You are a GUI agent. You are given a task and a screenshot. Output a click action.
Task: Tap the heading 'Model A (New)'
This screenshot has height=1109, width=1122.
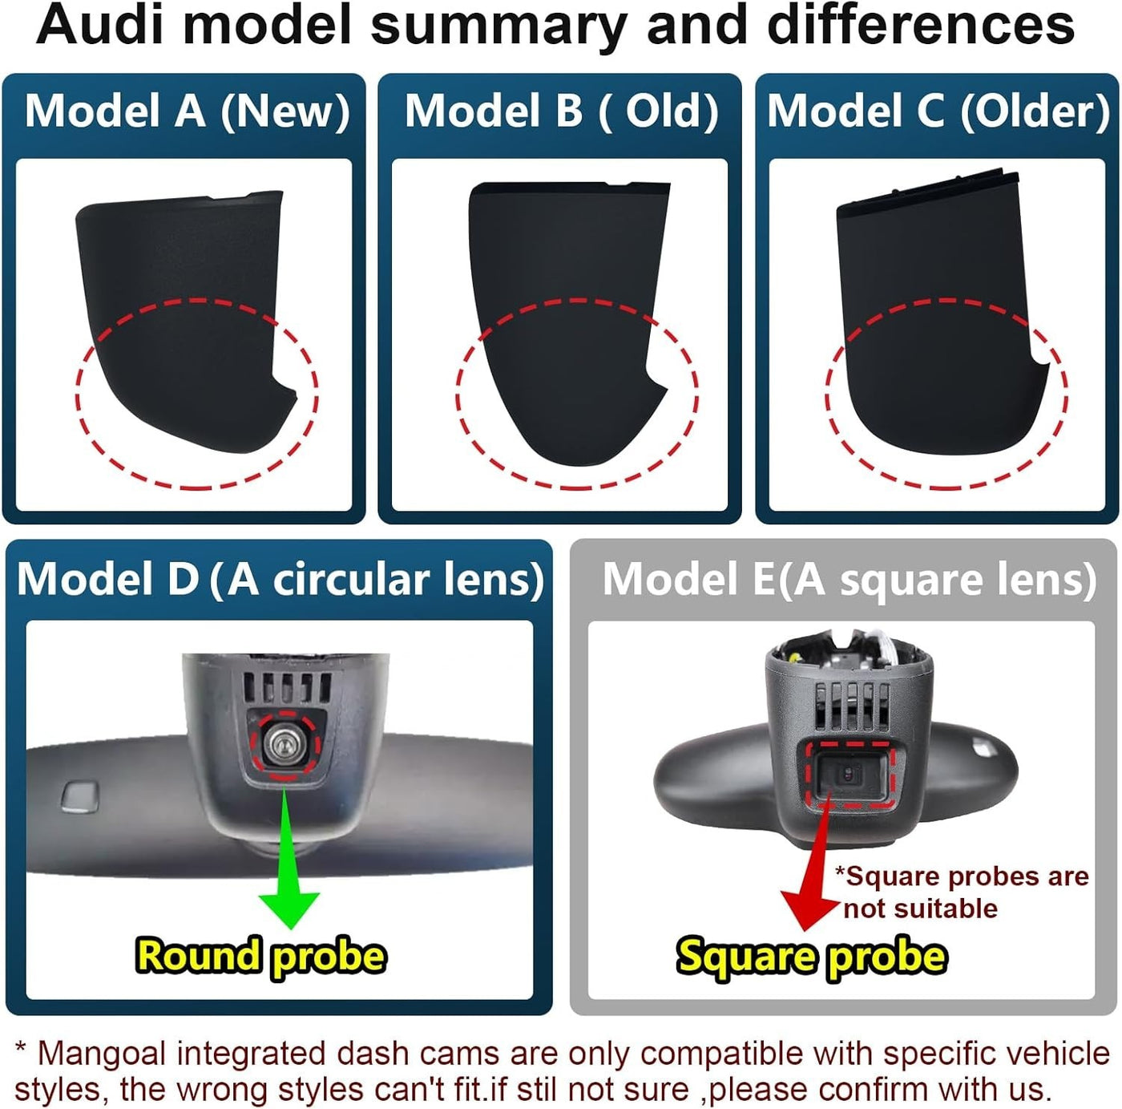[x=187, y=111]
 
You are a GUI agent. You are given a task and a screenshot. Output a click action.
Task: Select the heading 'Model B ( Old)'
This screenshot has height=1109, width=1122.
[x=561, y=111]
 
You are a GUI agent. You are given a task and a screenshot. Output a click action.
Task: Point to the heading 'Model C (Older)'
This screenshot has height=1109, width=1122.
[x=938, y=111]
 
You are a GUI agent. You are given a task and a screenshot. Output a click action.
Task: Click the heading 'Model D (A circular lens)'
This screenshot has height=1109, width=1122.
[x=280, y=579]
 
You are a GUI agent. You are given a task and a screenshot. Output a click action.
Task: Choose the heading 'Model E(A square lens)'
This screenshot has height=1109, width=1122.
[x=849, y=579]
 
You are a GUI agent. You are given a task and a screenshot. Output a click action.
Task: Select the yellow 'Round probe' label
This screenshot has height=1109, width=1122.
[x=260, y=956]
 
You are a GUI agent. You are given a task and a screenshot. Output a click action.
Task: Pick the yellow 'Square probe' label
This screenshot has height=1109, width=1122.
[x=811, y=956]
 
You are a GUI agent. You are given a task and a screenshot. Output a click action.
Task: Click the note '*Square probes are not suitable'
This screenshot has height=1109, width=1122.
[x=962, y=892]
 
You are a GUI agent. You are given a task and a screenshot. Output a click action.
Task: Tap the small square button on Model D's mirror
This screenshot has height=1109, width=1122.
[x=79, y=794]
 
